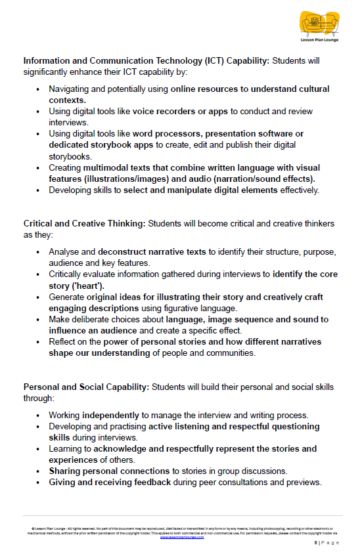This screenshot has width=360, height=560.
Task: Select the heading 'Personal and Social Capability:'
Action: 86,387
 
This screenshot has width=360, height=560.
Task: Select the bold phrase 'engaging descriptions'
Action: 96,307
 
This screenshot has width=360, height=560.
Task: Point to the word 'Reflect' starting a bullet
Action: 63,341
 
